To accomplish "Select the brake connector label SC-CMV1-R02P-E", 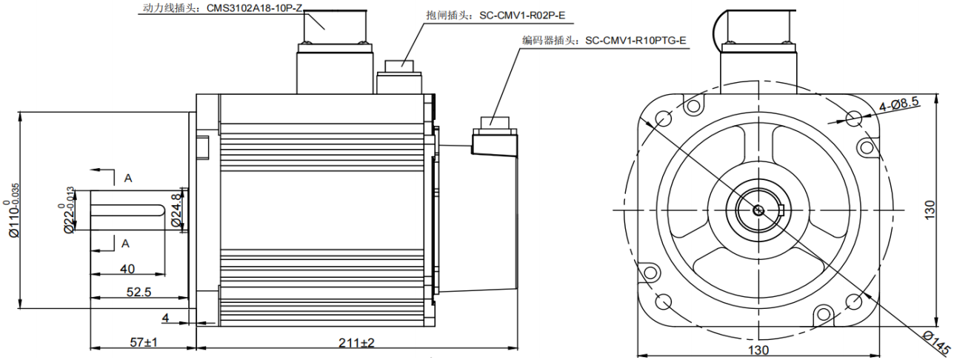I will (490, 14).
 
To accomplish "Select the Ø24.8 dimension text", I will (176, 210).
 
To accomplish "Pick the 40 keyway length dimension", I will (127, 269).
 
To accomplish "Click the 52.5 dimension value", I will (138, 292).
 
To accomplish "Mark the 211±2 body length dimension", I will (356, 343).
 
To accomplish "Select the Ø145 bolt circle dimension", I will (935, 343).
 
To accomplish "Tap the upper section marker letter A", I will (127, 178).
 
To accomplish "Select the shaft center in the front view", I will (758, 210).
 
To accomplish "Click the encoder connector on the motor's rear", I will (495, 141).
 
